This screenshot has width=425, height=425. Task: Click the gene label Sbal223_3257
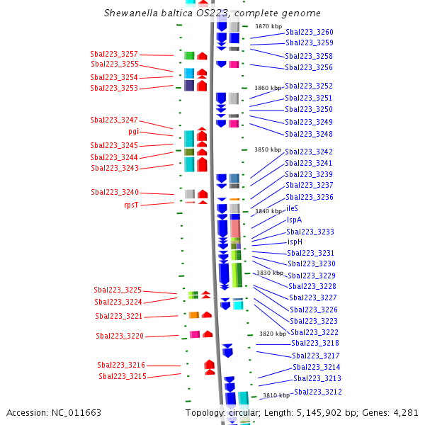(x=114, y=55)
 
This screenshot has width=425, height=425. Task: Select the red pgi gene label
(x=133, y=132)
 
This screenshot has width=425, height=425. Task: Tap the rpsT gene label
(x=131, y=205)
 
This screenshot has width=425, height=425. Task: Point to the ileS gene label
(x=292, y=208)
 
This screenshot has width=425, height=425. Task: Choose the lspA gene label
(x=294, y=220)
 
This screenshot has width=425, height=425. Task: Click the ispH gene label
(x=295, y=242)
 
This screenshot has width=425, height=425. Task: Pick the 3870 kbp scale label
(x=268, y=26)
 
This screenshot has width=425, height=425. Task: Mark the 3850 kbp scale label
(x=268, y=149)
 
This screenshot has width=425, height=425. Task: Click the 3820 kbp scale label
(x=273, y=334)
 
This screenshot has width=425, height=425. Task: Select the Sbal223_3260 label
(x=310, y=33)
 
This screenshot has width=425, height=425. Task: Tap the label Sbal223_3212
(x=317, y=392)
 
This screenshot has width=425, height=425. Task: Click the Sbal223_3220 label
(x=120, y=336)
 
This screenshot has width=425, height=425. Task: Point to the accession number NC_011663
(x=76, y=413)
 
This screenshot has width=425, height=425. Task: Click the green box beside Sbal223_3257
(x=189, y=55)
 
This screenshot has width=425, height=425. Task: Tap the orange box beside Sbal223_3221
(x=194, y=315)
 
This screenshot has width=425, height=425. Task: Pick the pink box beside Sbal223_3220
(x=195, y=334)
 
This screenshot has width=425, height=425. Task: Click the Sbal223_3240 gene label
(x=115, y=193)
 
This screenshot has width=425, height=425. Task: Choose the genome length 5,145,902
(x=319, y=413)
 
